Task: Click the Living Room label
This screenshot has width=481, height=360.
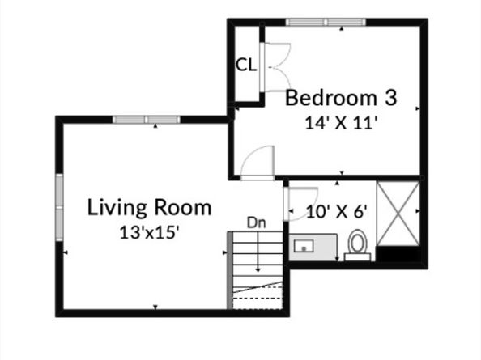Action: [x=149, y=208]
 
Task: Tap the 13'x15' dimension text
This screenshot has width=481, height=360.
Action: [x=149, y=232]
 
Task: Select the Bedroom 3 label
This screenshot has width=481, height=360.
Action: [x=341, y=98]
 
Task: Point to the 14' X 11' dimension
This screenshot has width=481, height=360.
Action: [x=340, y=124]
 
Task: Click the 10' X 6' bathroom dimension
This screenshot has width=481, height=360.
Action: [x=337, y=212]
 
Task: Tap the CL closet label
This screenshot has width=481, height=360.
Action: [x=245, y=65]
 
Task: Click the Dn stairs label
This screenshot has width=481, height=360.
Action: [x=256, y=223]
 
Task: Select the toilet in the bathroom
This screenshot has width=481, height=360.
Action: [x=357, y=245]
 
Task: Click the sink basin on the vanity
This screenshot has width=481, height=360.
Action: [x=304, y=246]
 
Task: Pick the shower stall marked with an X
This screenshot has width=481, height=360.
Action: [x=398, y=214]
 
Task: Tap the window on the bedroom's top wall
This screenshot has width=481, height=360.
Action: [x=326, y=23]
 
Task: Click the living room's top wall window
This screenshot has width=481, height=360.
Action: [x=147, y=120]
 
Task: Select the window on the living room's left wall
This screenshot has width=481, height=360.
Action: [x=59, y=207]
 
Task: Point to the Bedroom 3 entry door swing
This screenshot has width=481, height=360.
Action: [x=257, y=163]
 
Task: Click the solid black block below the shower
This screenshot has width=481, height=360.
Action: [x=398, y=254]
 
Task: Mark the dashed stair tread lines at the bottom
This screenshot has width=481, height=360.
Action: [x=258, y=293]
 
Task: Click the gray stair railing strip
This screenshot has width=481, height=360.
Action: [x=230, y=270]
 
